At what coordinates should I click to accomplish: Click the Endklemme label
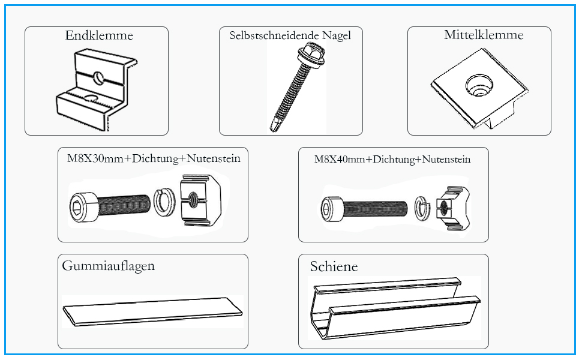coord(99,35)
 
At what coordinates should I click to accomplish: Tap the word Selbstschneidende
coord(274,35)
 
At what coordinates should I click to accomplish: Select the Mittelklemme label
coord(484,35)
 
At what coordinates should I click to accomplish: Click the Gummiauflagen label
coord(109,266)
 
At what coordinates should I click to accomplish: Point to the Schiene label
coord(334,266)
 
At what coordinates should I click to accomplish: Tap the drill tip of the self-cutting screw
coord(274,124)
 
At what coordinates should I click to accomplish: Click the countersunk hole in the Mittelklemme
coord(479,85)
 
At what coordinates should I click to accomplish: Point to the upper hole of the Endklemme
coord(99,77)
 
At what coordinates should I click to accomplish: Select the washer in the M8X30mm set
coord(164,202)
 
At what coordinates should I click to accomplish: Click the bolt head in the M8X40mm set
coord(333,209)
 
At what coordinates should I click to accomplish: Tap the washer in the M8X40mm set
coord(422,208)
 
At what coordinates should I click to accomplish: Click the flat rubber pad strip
coord(152,312)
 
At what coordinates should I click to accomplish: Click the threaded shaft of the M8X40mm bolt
coord(376,209)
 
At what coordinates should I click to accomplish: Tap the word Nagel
coord(336,36)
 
